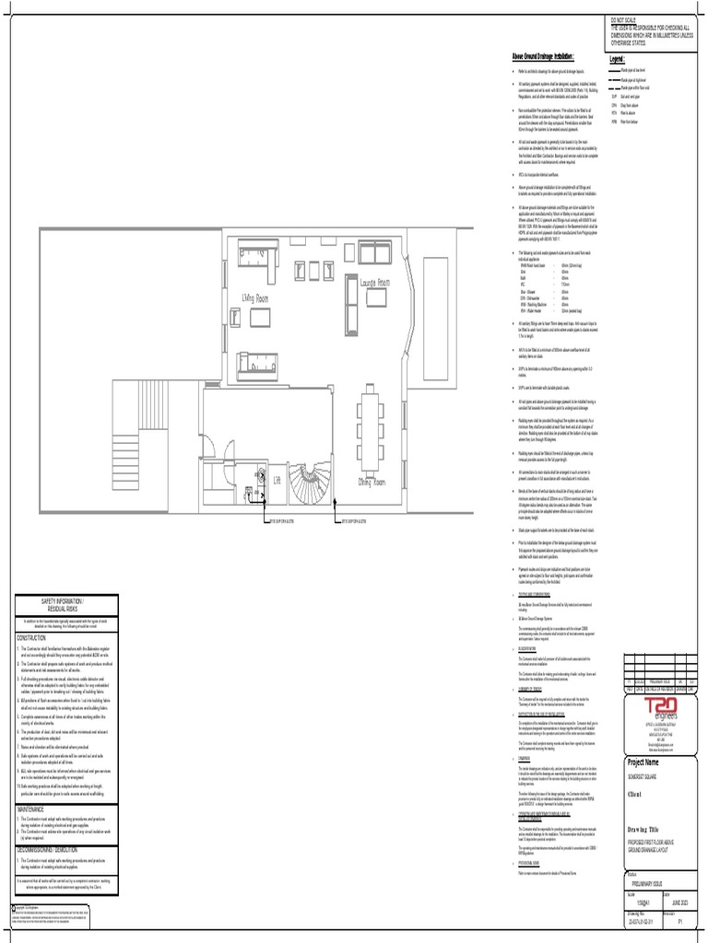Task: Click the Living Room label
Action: [255, 299]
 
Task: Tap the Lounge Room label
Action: [375, 283]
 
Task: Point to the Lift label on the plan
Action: [276, 480]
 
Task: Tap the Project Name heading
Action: [643, 763]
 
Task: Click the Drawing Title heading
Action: [646, 828]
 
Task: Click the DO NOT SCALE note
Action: [624, 19]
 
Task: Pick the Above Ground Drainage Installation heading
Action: [549, 55]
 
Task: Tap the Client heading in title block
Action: [635, 793]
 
